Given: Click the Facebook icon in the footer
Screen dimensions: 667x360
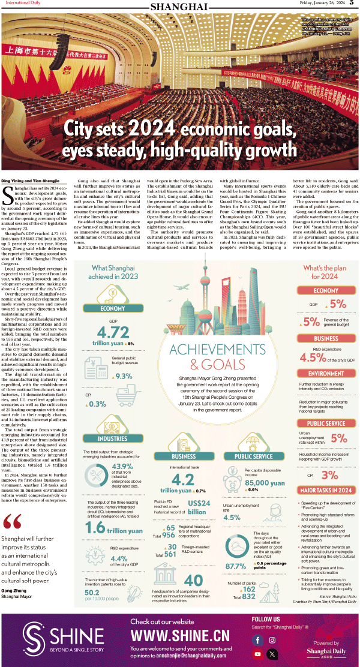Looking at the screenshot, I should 258,641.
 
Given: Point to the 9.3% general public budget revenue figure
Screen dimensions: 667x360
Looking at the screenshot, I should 123,376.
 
